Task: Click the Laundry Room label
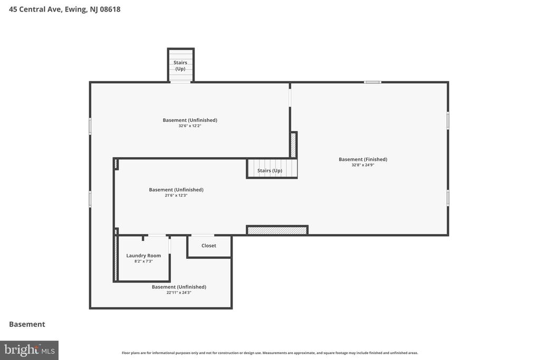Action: point(143,256)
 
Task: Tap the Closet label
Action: point(209,246)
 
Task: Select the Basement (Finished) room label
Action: point(363,159)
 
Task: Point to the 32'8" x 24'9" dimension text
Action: point(363,165)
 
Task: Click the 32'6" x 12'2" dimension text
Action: point(190,126)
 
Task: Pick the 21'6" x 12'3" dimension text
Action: point(176,196)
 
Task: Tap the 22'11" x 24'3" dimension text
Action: point(179,293)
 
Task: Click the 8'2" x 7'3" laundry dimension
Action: point(143,261)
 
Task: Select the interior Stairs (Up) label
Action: point(269,171)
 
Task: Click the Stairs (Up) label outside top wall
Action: point(180,66)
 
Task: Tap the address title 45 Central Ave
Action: point(65,9)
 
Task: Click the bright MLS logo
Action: point(30,351)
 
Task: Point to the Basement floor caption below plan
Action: point(27,324)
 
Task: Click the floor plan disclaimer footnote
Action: point(270,353)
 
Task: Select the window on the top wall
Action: point(373,82)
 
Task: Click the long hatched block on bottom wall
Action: point(277,230)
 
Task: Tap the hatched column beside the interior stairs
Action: point(293,145)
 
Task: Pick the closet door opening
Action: point(203,236)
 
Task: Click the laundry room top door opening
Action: point(157,236)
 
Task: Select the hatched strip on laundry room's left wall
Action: point(116,258)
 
